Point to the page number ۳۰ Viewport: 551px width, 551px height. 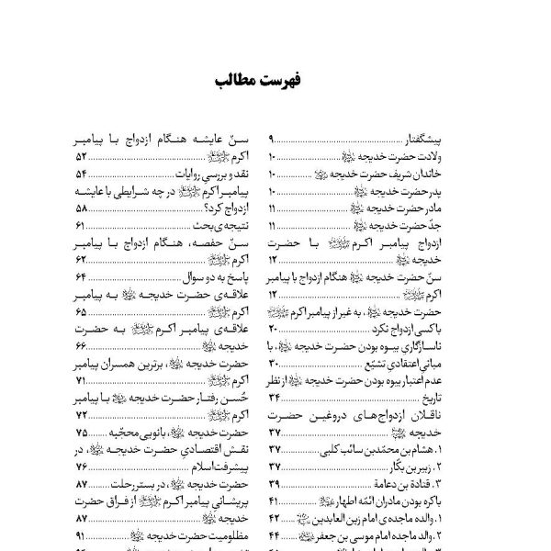(x=272, y=365)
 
